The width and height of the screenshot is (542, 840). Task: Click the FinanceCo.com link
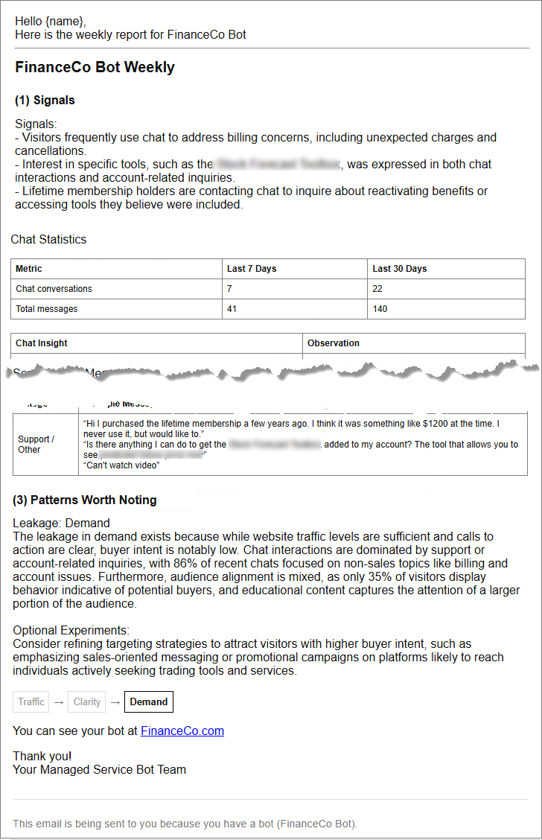tap(182, 731)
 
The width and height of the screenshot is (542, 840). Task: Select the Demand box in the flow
tap(149, 701)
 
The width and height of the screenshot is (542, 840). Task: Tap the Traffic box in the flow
tap(31, 701)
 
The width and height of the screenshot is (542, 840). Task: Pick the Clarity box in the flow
tap(87, 701)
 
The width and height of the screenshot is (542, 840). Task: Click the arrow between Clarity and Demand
tap(115, 701)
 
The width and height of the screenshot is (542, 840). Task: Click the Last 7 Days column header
tap(252, 269)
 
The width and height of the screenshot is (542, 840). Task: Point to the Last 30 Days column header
tap(400, 269)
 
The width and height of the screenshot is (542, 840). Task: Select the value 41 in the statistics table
tap(232, 308)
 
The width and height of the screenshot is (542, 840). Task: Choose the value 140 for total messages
tap(380, 308)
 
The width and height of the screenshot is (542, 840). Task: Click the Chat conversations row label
tap(54, 289)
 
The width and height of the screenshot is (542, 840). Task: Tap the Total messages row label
tap(46, 308)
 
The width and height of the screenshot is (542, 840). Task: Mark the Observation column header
tap(334, 343)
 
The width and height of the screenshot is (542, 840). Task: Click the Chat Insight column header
tap(42, 343)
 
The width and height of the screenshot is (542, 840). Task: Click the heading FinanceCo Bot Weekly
tap(95, 67)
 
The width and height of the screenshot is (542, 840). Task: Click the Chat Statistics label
tap(48, 239)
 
